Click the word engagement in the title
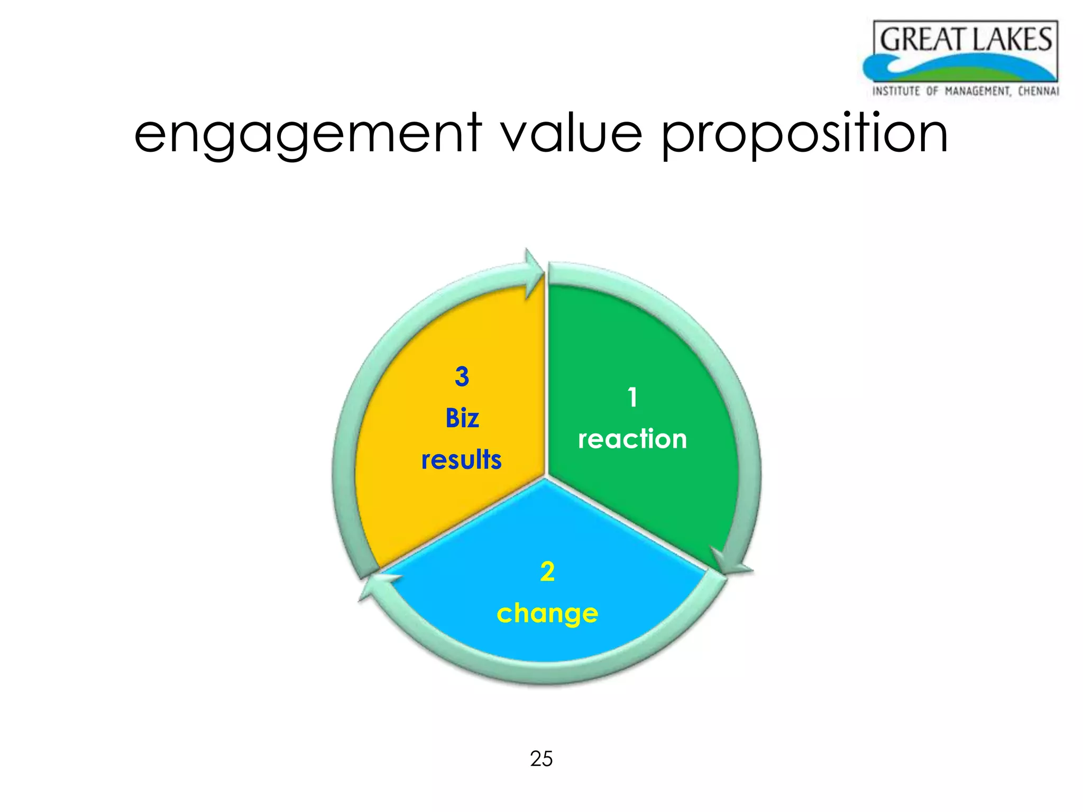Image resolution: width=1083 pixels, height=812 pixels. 308,135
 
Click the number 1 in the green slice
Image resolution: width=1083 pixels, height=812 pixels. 632,398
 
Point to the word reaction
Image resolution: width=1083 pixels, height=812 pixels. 632,439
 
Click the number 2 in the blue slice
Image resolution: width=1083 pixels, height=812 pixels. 547,572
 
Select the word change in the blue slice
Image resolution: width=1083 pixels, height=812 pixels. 547,614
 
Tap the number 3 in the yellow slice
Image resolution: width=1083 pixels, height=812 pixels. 462,377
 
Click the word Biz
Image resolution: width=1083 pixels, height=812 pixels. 462,419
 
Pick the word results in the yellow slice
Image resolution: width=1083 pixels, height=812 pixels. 461,459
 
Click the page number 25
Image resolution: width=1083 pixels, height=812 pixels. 541,759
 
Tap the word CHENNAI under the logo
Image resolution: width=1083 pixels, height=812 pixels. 1038,91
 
